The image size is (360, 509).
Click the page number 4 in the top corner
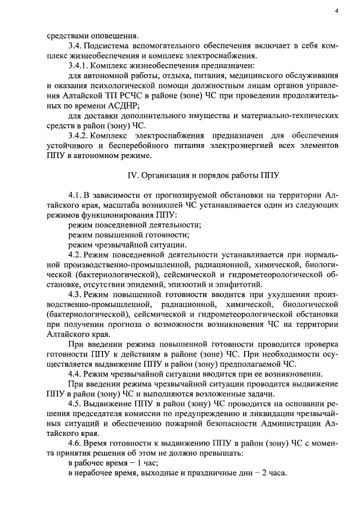coord(336,11)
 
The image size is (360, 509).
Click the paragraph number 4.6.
coord(75,443)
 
